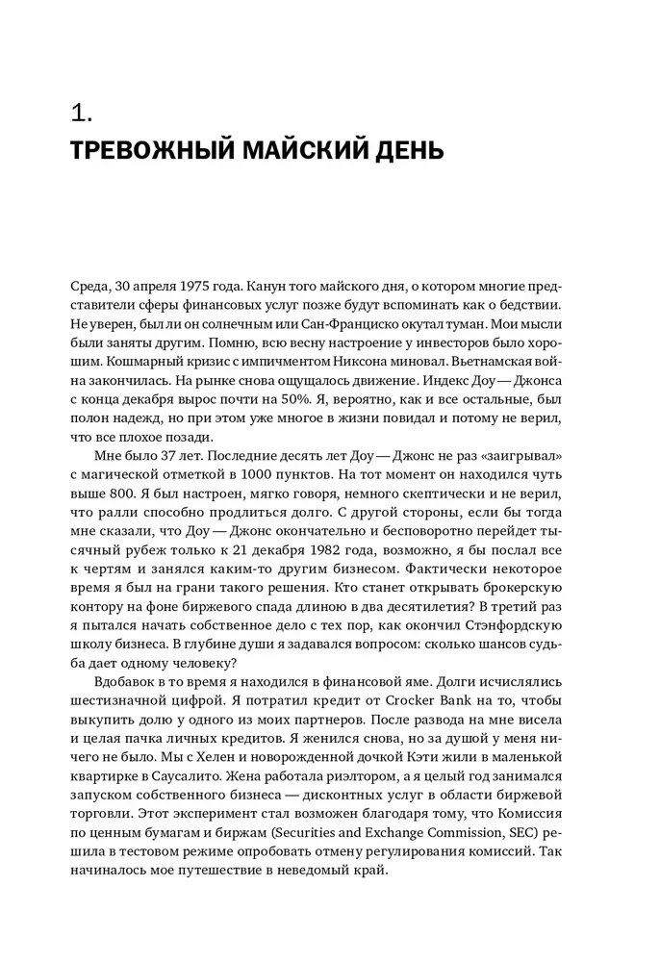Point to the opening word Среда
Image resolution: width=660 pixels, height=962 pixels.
(92, 288)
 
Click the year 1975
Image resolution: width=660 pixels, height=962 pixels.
(195, 288)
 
